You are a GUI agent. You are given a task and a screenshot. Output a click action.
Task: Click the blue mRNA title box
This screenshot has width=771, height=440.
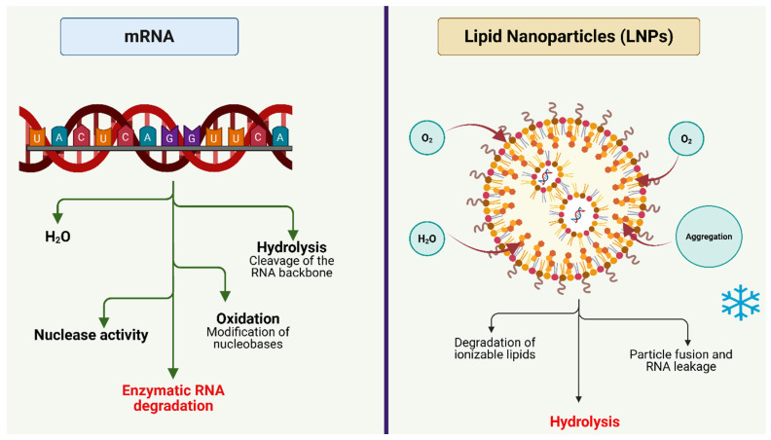click(150, 36)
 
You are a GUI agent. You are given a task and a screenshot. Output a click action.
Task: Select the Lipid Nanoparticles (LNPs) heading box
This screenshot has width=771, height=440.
click(569, 36)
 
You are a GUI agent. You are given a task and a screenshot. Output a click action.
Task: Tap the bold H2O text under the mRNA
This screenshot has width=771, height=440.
click(58, 237)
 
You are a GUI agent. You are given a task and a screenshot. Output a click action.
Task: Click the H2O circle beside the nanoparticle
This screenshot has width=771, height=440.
click(427, 238)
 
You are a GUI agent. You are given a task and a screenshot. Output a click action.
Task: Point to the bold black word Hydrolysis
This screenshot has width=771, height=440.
click(292, 247)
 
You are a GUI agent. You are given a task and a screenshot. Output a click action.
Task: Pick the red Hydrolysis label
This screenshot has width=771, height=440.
click(585, 422)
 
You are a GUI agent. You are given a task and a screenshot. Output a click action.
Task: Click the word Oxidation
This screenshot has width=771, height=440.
click(248, 318)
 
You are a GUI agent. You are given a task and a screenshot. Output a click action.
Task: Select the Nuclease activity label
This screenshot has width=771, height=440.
click(91, 335)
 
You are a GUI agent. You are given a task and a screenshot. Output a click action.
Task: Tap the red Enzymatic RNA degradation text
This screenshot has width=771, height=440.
click(173, 398)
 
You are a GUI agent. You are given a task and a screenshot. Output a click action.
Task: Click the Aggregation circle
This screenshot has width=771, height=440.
click(709, 237)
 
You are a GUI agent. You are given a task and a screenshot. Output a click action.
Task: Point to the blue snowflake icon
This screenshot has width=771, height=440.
click(741, 305)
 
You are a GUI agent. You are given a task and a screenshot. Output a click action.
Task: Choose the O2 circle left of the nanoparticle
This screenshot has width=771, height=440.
click(427, 138)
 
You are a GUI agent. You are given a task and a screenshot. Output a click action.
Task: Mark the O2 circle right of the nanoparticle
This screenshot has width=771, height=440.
click(686, 139)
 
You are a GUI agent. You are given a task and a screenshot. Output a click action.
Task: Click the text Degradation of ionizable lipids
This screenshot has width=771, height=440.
click(495, 348)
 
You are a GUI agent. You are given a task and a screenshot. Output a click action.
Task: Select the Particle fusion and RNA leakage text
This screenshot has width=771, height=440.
click(681, 360)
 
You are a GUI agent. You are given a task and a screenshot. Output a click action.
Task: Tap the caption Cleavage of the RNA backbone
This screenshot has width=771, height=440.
click(292, 267)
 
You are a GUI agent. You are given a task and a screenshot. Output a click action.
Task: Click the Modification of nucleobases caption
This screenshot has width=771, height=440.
click(248, 338)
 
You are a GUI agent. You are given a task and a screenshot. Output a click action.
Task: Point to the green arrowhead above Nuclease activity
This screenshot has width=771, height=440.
click(104, 322)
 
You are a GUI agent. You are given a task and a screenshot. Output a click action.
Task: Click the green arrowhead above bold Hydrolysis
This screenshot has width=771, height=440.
click(293, 235)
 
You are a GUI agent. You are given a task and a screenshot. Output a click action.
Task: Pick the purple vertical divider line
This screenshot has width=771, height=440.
click(386, 220)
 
